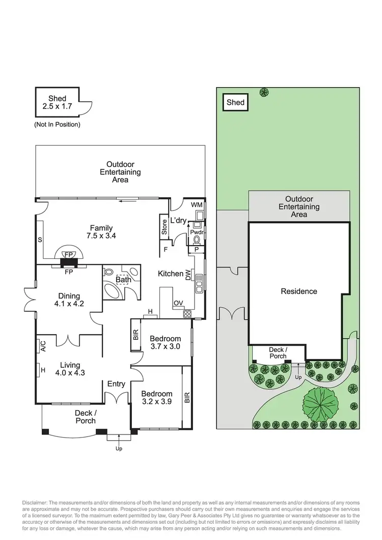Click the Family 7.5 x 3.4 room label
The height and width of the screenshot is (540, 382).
point(101,232)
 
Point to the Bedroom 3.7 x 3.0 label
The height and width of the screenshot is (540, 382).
point(165,343)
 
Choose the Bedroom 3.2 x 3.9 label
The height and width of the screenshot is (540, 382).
point(156,398)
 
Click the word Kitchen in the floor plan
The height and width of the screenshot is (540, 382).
point(170,274)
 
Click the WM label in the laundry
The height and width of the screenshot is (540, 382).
point(196,204)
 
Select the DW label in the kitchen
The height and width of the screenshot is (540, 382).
point(188,276)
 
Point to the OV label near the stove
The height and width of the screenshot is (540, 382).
point(178,303)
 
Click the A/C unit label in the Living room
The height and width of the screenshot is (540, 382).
point(43,346)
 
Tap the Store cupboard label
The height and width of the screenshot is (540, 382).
point(164,227)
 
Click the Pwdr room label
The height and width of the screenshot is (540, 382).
point(197,232)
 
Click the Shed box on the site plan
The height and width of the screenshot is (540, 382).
point(235,102)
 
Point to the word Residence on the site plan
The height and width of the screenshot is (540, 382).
point(299,291)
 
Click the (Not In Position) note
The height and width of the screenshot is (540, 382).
point(57,124)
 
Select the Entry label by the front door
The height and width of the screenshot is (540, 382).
point(116,384)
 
